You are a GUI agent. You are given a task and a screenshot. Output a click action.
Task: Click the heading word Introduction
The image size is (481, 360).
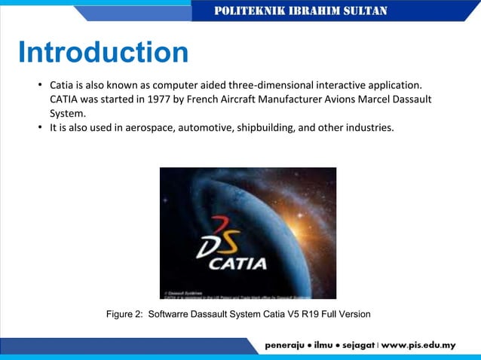click(x=103, y=53)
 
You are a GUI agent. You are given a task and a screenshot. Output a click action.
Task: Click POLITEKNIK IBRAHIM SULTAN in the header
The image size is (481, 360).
click(x=301, y=11)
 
